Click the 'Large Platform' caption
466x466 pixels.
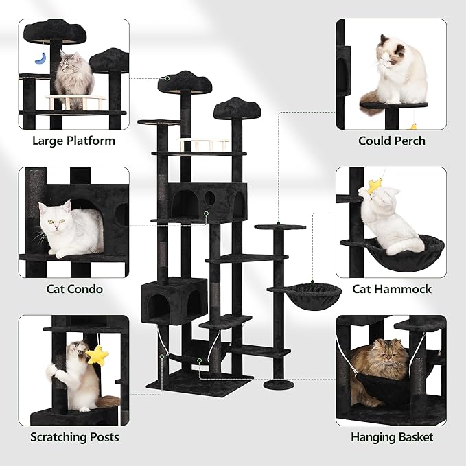(73, 141)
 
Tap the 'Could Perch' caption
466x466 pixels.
(391, 141)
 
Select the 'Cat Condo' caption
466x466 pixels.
(74, 289)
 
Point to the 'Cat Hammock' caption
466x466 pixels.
(391, 289)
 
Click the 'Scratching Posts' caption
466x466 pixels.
(74, 437)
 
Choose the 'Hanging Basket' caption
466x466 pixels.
(391, 437)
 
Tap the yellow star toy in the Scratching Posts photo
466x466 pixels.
(98, 355)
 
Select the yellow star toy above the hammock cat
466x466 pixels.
(375, 185)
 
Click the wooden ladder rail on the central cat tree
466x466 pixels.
(203, 145)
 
